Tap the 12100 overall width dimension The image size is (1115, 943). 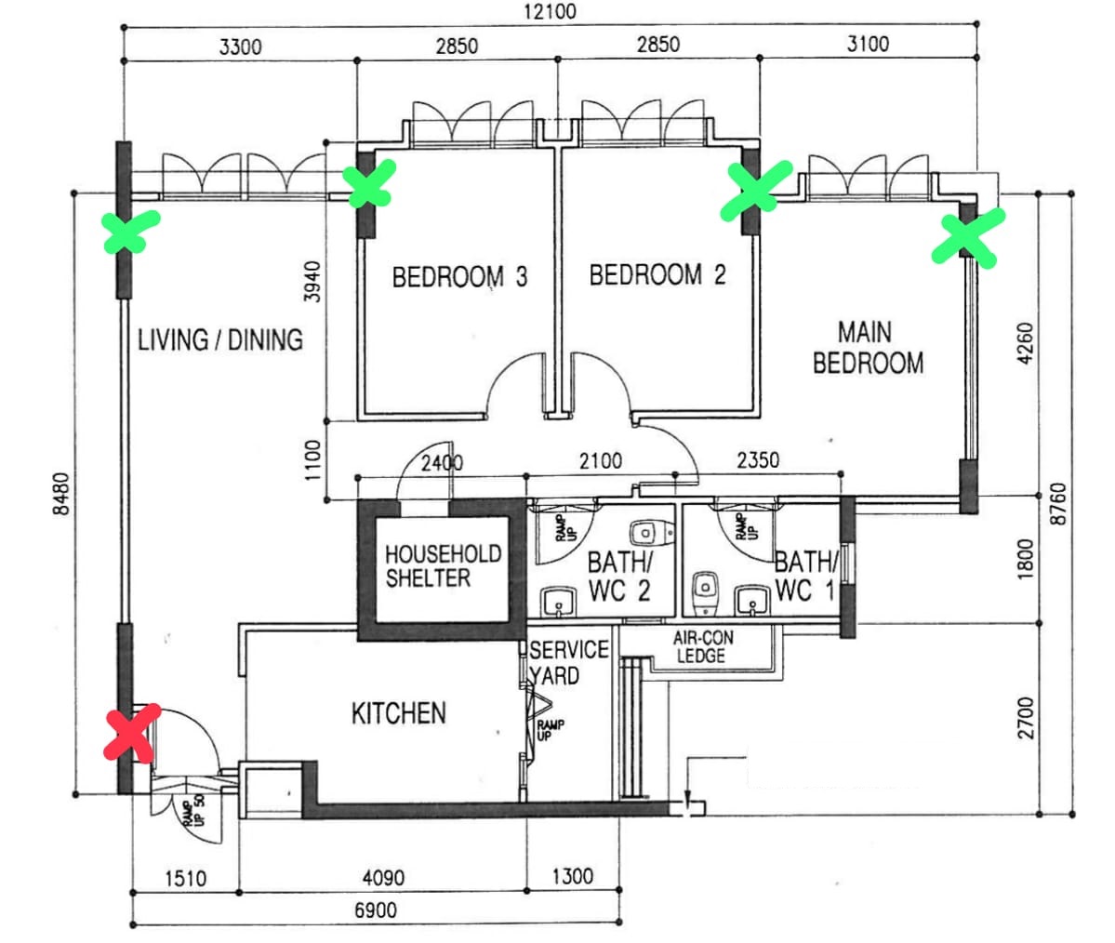pos(550,11)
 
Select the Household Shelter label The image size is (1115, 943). pos(443,566)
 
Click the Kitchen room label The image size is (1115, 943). pos(399,713)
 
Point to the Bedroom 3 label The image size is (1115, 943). pos(459,276)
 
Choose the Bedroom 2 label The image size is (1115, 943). pos(657,274)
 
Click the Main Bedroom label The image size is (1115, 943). pos(868,348)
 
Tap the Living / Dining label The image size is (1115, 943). pos(220,340)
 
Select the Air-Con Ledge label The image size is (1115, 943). pos(702,646)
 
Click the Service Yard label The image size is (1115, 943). pos(569,662)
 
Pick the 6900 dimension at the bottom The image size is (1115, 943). pos(376,910)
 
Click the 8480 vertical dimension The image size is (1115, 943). pos(62,494)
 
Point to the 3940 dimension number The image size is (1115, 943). pos(312,282)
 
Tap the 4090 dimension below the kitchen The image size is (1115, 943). pos(383,878)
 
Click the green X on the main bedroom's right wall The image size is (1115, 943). pos(968,237)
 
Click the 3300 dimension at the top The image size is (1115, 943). pos(240,46)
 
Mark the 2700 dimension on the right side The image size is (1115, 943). pos(1026,718)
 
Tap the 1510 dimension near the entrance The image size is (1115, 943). pos(186,879)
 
